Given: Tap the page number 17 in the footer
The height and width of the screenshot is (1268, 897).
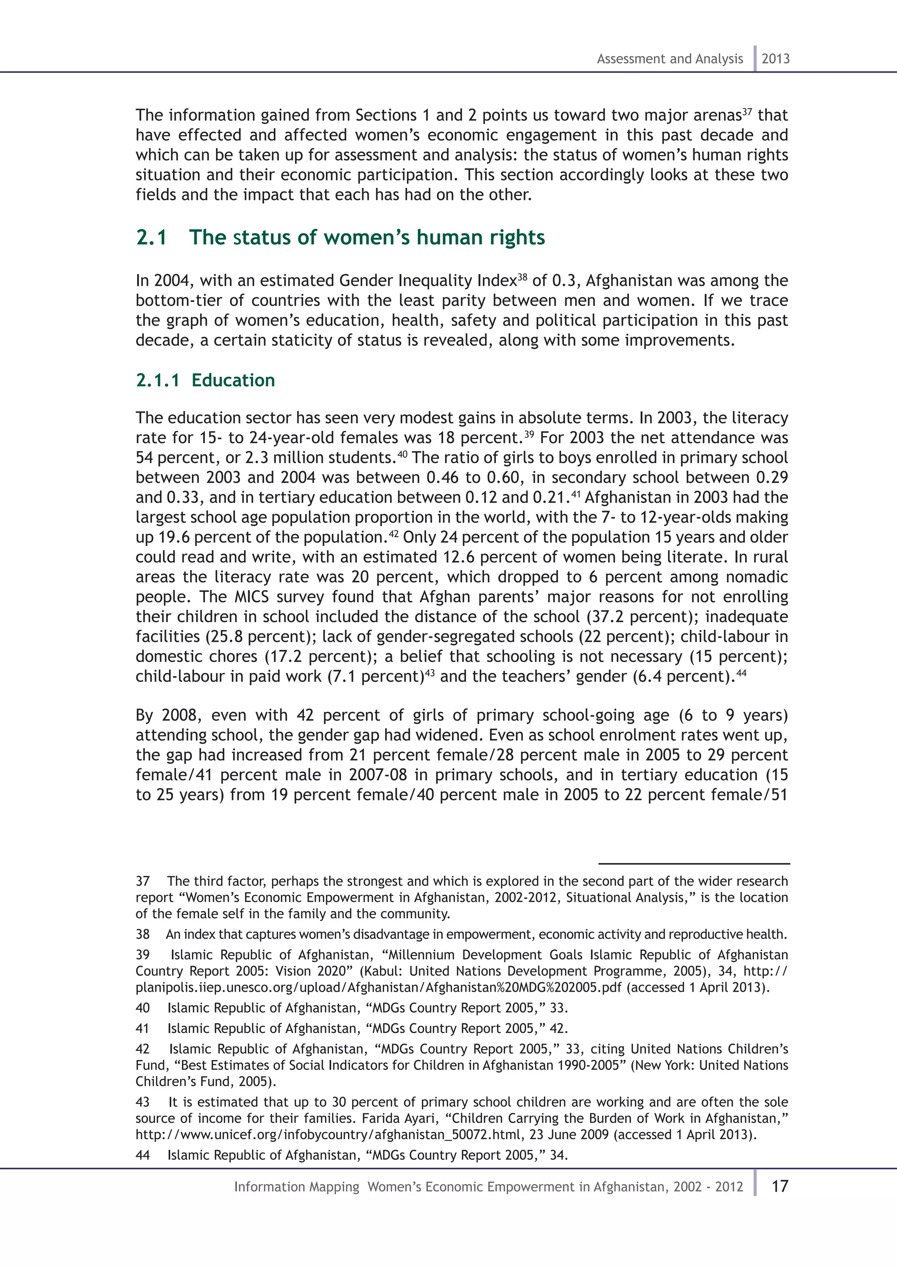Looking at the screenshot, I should (779, 1186).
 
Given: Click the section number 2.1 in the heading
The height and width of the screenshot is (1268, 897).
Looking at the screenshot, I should (152, 237).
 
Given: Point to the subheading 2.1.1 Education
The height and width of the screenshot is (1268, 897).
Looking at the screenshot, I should (205, 380).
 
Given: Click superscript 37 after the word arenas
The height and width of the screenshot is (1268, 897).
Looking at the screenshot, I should (747, 112).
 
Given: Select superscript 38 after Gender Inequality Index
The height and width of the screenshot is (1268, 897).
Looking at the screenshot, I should (523, 277).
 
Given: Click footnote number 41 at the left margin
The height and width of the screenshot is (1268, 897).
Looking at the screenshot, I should (142, 1028).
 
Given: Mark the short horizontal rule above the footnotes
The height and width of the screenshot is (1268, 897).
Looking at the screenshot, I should (694, 863).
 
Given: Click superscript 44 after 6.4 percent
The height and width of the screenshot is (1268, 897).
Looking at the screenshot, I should (741, 673).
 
